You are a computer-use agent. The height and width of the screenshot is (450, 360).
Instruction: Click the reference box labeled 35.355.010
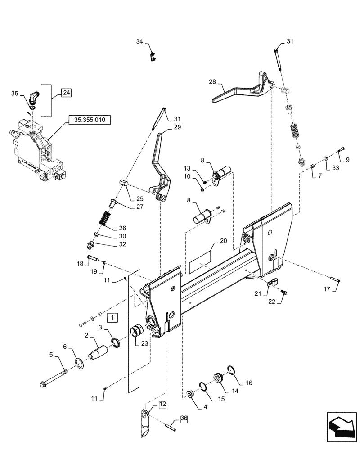pyautogui.click(x=90, y=121)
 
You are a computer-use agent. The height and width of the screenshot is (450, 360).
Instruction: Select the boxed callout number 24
pyautogui.click(x=66, y=93)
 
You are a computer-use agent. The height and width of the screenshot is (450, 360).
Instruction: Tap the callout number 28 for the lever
pyautogui.click(x=212, y=82)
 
